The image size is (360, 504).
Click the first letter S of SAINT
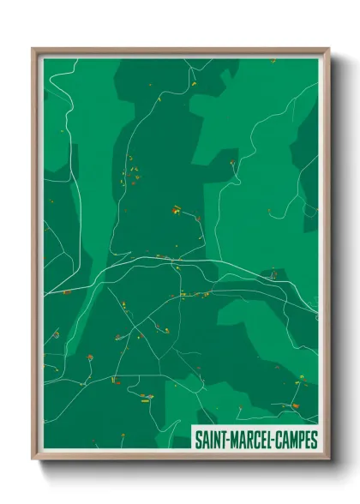coord(199,440)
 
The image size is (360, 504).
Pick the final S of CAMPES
coord(315,440)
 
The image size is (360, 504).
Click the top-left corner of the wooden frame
coord(33,49)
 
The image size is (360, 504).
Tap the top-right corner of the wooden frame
coord(328,49)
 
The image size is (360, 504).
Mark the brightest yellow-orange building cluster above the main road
coord(176,208)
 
